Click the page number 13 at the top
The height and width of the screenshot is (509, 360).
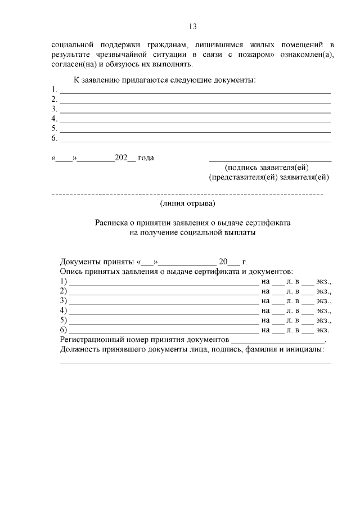tap(191, 26)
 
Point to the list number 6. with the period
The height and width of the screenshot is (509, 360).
tap(55, 138)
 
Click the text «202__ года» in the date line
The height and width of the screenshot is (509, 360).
tap(134, 158)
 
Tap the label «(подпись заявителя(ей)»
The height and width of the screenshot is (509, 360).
tap(267, 168)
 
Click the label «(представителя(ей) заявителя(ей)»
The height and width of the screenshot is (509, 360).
tap(269, 177)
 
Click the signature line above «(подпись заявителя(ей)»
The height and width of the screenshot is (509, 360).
tap(270, 161)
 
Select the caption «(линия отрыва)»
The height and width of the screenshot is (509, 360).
tap(187, 203)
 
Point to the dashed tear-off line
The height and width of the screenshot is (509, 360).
tap(187, 195)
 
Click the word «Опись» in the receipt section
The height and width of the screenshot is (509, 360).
tap(71, 272)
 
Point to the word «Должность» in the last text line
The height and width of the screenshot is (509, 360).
tap(80, 350)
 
